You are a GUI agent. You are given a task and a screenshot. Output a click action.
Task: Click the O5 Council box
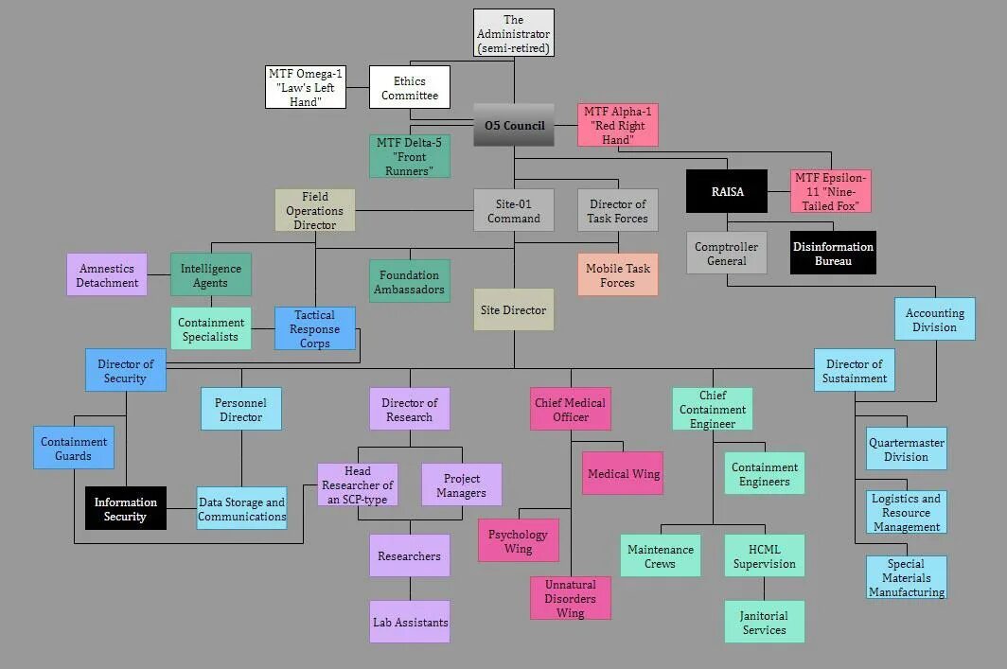point(514,125)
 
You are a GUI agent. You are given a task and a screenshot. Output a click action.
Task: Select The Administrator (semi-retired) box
point(513,33)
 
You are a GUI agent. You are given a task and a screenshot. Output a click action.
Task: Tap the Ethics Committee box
point(409,88)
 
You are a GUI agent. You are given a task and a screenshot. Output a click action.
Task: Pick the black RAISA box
point(727,191)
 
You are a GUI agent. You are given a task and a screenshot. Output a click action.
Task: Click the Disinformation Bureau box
point(833,253)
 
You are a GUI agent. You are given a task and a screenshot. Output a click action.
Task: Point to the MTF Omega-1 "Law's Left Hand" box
point(305,87)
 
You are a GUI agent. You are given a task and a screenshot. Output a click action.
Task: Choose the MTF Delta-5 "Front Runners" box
point(409,156)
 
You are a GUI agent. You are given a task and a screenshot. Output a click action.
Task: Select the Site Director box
point(513,309)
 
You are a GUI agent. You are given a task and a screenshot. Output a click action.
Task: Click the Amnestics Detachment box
point(107,274)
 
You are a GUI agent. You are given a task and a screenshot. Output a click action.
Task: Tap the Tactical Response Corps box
point(315,328)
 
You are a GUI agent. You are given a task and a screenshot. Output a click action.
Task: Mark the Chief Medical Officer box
point(570,409)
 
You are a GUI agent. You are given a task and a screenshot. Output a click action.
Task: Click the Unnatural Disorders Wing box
point(570,598)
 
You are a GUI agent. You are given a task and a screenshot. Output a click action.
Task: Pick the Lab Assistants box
point(410,622)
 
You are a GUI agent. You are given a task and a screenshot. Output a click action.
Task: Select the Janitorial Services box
point(765,622)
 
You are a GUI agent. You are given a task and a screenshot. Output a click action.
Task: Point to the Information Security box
point(125,508)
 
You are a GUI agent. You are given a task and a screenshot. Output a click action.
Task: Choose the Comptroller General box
point(727,253)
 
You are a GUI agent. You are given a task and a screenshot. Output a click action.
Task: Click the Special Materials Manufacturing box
point(906,577)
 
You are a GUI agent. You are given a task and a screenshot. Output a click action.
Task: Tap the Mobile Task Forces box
point(617,274)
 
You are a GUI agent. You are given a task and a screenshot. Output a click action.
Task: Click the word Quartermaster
point(906,442)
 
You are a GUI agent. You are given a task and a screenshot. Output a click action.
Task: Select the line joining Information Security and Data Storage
point(181,508)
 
